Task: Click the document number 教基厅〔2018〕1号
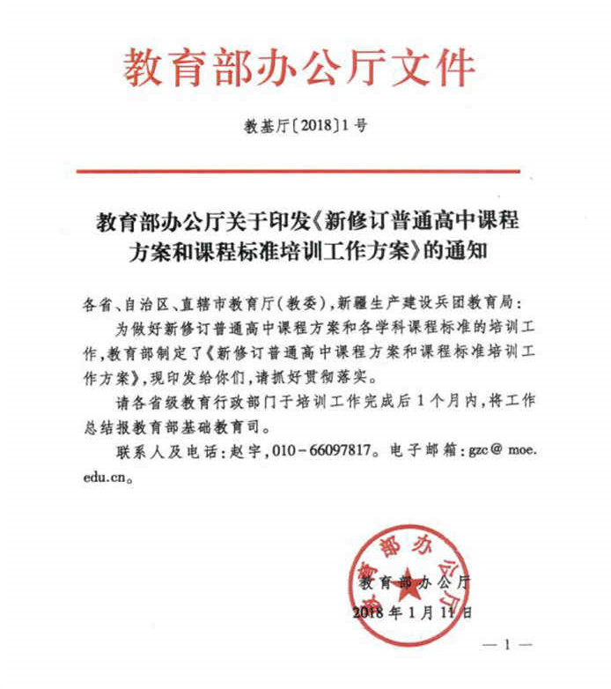click(305, 126)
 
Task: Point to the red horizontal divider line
click(305, 171)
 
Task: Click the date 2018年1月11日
click(412, 610)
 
